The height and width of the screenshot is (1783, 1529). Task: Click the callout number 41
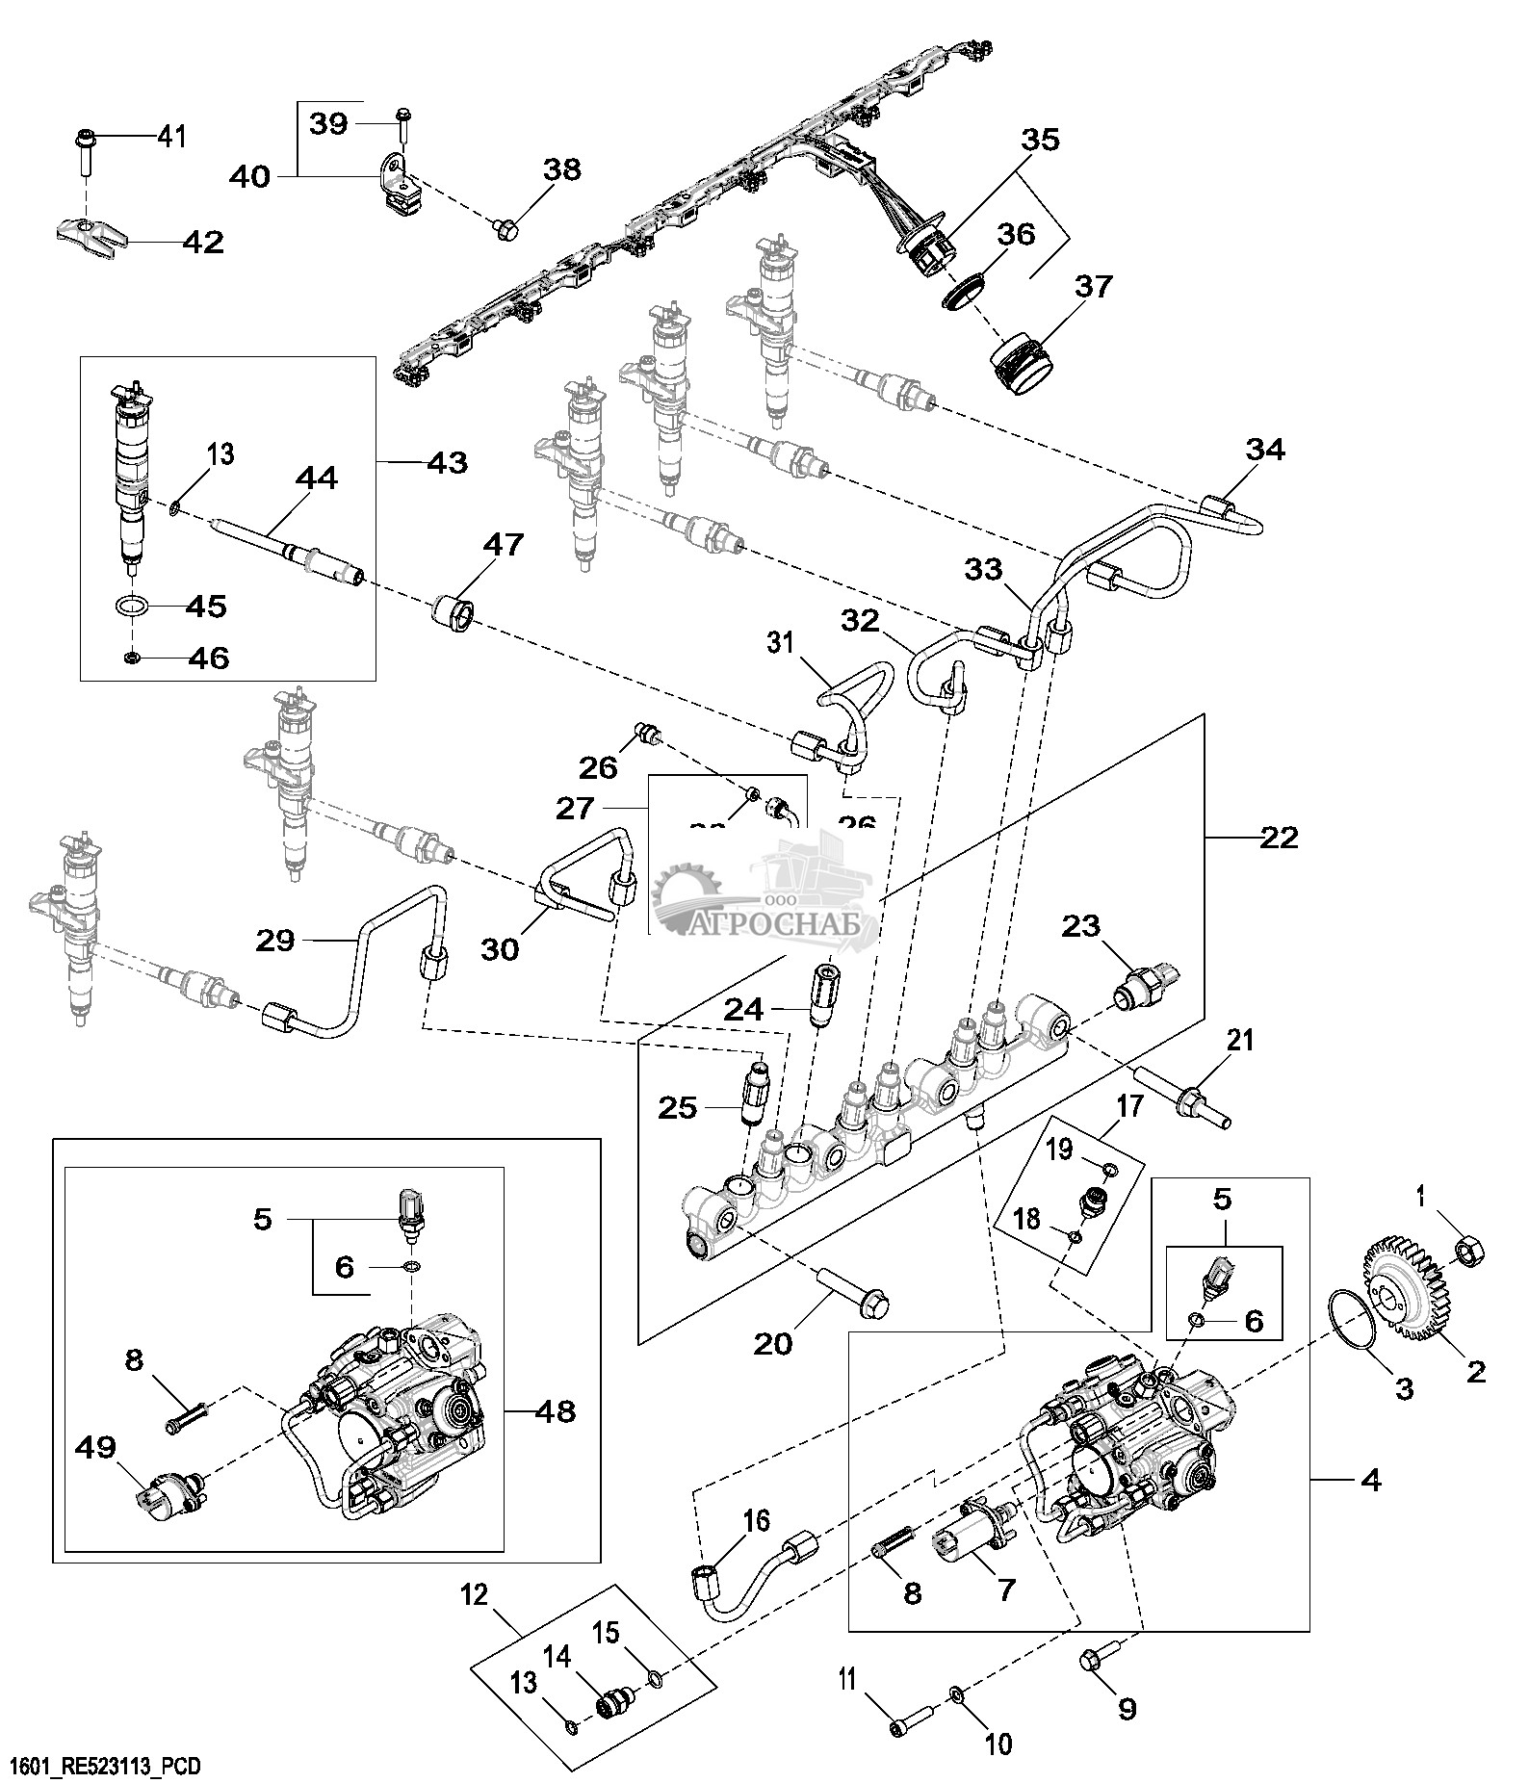pyautogui.click(x=171, y=137)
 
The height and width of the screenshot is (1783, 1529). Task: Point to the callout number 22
pyautogui.click(x=1278, y=838)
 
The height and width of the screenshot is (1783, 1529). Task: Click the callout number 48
pyautogui.click(x=554, y=1412)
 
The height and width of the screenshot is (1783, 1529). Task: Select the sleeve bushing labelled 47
pyautogui.click(x=455, y=613)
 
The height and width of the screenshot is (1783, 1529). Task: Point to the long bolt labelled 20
pyautogui.click(x=855, y=1292)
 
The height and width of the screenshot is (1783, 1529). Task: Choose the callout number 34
pyautogui.click(x=1265, y=450)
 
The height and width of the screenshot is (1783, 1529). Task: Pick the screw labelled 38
pyautogui.click(x=505, y=227)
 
